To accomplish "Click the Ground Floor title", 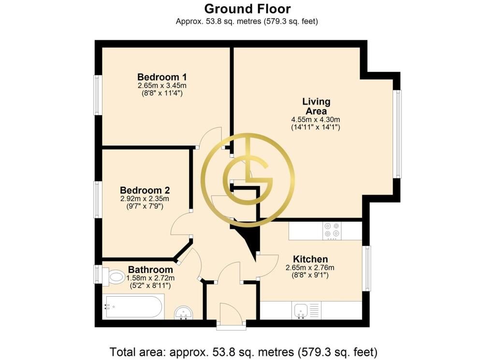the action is tap(247, 9).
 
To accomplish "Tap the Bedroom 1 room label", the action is tap(162, 77).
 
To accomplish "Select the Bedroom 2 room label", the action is tap(145, 190).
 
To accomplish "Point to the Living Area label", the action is tap(316, 106).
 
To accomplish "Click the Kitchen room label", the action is tap(310, 259).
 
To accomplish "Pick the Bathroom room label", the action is tap(151, 270).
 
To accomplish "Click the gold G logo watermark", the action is tap(248, 180).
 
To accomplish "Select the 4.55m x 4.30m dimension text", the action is tap(315, 119).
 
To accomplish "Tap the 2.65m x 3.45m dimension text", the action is tap(162, 86).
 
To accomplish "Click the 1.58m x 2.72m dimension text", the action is tap(151, 278).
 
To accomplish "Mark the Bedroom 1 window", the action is tap(98, 95).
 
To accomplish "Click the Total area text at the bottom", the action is tap(244, 351).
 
